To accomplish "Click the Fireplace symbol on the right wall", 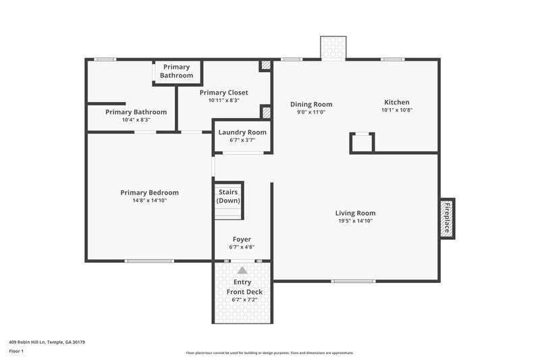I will point(447,218).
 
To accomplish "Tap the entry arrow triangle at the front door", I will point(242,270).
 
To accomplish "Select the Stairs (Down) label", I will point(227,197).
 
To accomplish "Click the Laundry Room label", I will point(242,132).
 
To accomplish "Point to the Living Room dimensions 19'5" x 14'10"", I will point(355,221).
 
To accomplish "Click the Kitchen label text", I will point(397,103).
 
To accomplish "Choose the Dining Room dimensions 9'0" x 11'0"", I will point(311,112).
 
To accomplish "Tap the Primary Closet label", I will point(223,93).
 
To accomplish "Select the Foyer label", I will point(242,239).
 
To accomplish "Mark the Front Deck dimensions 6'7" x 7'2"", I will point(244,299).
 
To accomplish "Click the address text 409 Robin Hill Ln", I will point(47,342).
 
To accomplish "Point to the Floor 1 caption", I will point(16,352).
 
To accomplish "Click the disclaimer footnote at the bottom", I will point(269,353).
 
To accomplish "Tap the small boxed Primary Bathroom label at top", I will point(176,71).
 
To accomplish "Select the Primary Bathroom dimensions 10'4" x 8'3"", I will point(136,120).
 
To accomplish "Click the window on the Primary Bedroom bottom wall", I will point(149,261).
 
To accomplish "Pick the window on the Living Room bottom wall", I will point(353,280).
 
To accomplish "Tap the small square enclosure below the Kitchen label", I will point(362,143).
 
